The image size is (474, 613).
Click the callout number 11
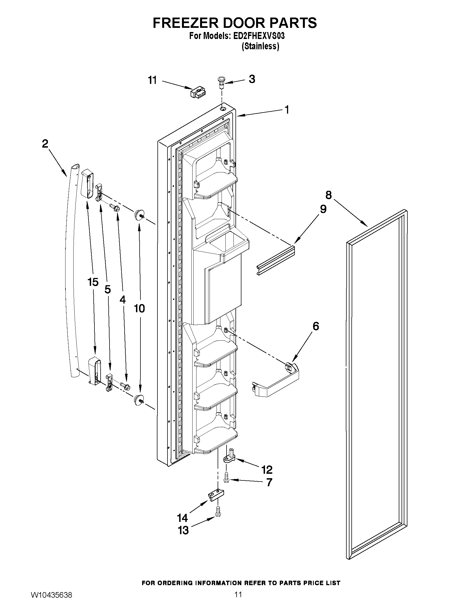point(152,80)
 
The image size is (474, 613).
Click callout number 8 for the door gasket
point(328,194)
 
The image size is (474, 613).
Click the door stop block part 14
point(216,495)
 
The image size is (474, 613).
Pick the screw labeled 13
point(218,511)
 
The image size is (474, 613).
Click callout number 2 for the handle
point(45,144)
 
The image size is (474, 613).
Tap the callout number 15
point(93,282)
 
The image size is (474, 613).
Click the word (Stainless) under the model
point(260,46)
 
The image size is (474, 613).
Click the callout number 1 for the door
point(286,110)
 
